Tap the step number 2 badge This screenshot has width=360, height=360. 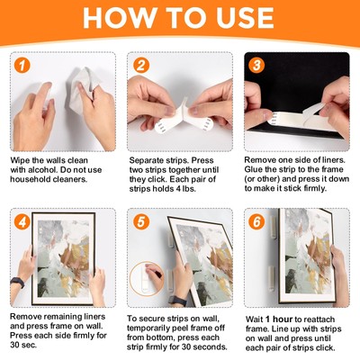tap(139, 66)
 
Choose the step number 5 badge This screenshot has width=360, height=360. tap(139, 221)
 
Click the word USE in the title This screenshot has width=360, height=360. tap(244, 20)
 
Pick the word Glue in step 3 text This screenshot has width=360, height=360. tap(258, 170)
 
